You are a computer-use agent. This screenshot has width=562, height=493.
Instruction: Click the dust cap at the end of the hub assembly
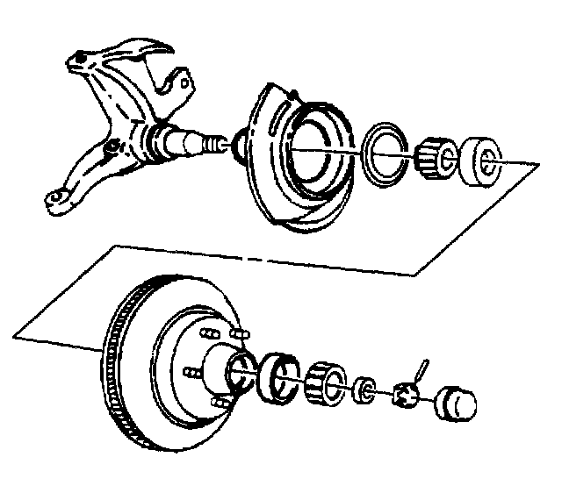click(454, 405)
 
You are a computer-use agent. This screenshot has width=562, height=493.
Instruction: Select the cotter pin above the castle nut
click(420, 368)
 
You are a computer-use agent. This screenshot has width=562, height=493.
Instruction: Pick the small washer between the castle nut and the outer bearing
click(363, 388)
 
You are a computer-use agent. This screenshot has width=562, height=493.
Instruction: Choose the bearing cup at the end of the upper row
click(479, 160)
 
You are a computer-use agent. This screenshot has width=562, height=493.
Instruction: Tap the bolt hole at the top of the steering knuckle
click(81, 60)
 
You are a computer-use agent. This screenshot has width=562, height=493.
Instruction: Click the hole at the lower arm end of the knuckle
click(54, 203)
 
